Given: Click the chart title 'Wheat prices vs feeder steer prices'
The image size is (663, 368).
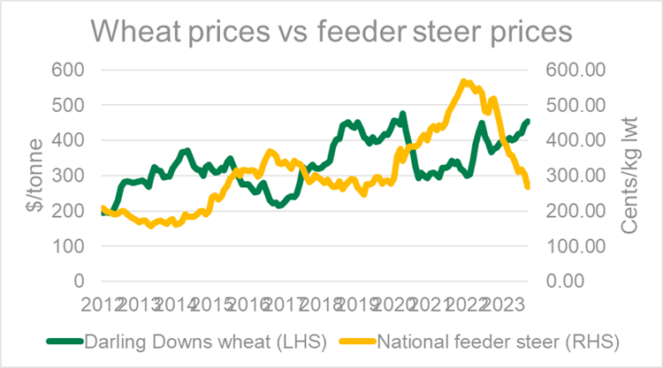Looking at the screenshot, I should (331, 33).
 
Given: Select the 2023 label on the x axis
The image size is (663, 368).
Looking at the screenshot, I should (511, 304).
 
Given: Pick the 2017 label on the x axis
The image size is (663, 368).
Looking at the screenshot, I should (287, 304).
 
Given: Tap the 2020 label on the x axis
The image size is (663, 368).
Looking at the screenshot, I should (400, 304).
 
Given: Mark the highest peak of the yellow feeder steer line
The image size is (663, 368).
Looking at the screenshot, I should (463, 82).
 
